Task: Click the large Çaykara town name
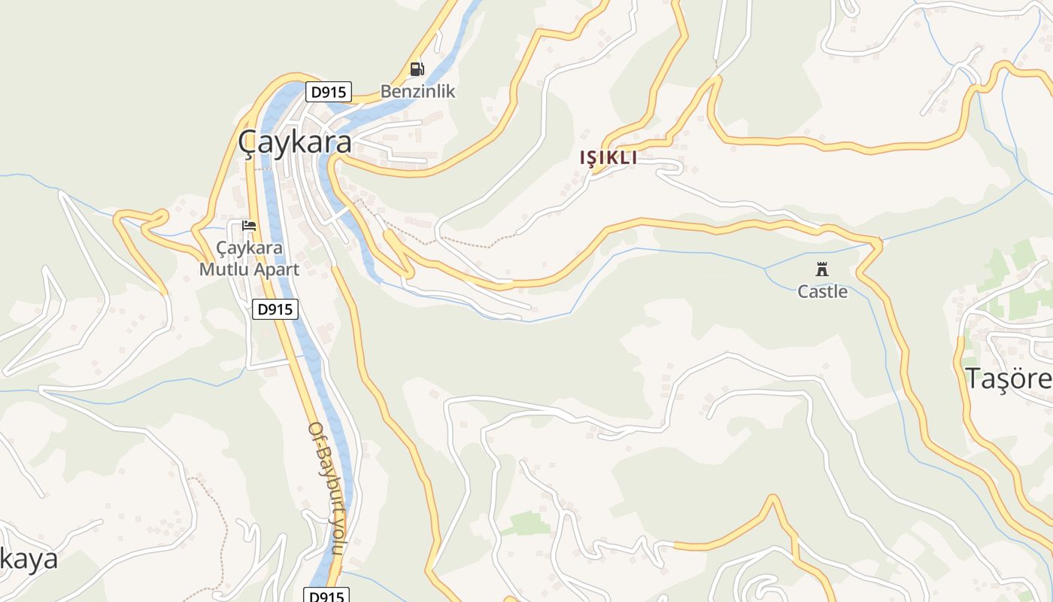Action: point(295,141)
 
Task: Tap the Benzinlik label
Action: point(417,92)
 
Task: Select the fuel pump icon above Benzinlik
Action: point(417,69)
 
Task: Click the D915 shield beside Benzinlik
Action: point(329,92)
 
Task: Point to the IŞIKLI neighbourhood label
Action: point(608,158)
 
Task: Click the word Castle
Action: point(822,292)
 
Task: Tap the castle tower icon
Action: point(822,269)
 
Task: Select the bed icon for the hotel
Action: point(249,226)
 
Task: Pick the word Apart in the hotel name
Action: point(275,269)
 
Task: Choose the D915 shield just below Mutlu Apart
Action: point(275,309)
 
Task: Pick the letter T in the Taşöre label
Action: point(973,379)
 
